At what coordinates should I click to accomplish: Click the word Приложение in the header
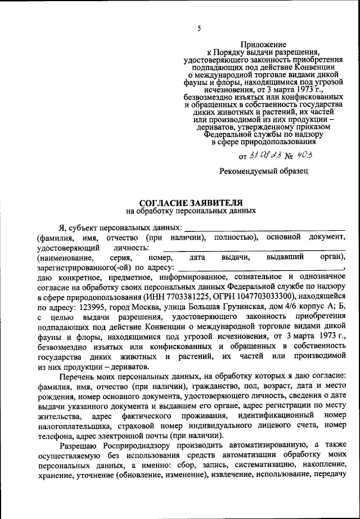(x=263, y=44)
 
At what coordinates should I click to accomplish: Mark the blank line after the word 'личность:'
(x=254, y=248)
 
